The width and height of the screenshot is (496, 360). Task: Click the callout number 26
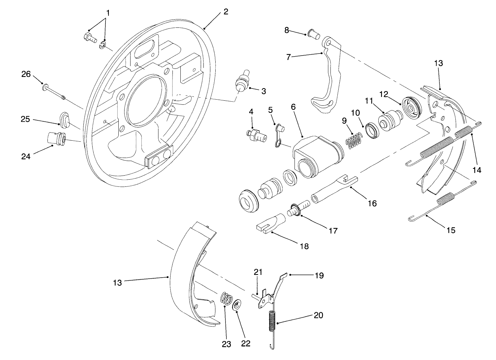pos(26,74)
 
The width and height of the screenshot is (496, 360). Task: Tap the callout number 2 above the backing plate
pos(225,12)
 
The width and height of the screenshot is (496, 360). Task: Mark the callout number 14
pos(477,170)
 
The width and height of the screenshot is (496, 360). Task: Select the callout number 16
pos(372,203)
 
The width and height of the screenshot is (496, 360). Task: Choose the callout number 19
pos(319,275)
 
